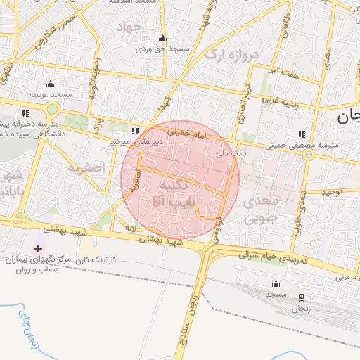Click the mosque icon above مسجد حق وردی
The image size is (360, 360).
pos(163,39)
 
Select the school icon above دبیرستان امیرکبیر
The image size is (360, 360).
pos(134,131)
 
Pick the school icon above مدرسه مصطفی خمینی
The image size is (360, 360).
pos(302,135)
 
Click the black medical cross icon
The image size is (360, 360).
pos(37,249)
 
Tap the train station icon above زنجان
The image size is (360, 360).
pos(301,297)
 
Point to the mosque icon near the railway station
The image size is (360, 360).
pos(276,284)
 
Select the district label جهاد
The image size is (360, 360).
pos(131,27)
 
